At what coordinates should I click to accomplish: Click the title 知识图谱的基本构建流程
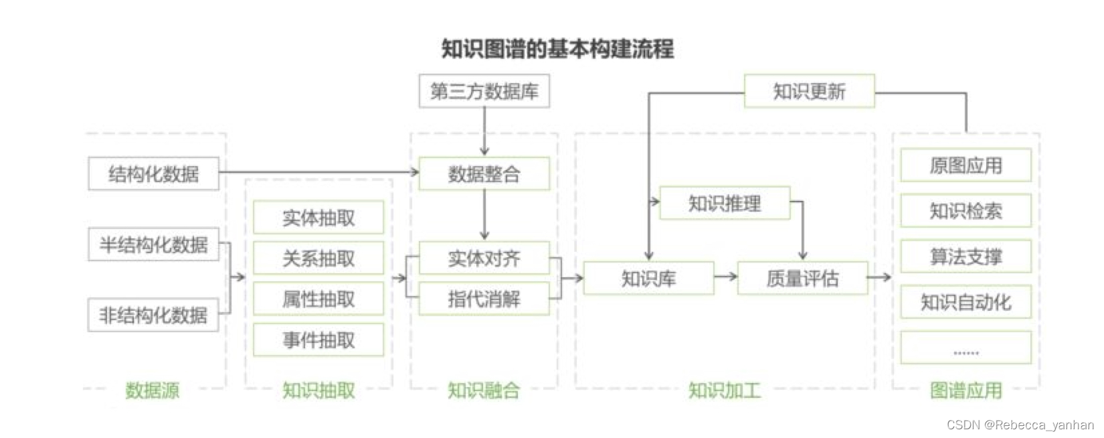tap(557, 49)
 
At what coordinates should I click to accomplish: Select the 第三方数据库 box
tap(484, 91)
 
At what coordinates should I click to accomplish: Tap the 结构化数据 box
tap(153, 174)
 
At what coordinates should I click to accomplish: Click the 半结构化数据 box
tap(153, 244)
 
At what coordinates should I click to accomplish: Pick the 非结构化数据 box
tap(153, 315)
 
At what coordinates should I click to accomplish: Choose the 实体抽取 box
tap(318, 218)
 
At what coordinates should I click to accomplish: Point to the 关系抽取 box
tap(318, 259)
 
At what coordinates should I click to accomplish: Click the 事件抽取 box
tap(318, 340)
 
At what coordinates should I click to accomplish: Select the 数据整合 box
tap(484, 174)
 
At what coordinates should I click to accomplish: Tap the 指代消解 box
tap(484, 299)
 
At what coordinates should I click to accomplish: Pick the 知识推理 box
tap(725, 203)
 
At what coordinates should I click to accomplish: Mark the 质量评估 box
tap(802, 278)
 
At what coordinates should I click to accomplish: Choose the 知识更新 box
tap(809, 91)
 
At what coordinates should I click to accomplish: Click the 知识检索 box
tap(965, 211)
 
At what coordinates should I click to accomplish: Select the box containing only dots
tap(965, 348)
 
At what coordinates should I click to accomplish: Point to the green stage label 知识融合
tap(484, 390)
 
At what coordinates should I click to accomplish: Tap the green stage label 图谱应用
tap(965, 390)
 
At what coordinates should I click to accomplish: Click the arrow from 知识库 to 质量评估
tap(725, 277)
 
